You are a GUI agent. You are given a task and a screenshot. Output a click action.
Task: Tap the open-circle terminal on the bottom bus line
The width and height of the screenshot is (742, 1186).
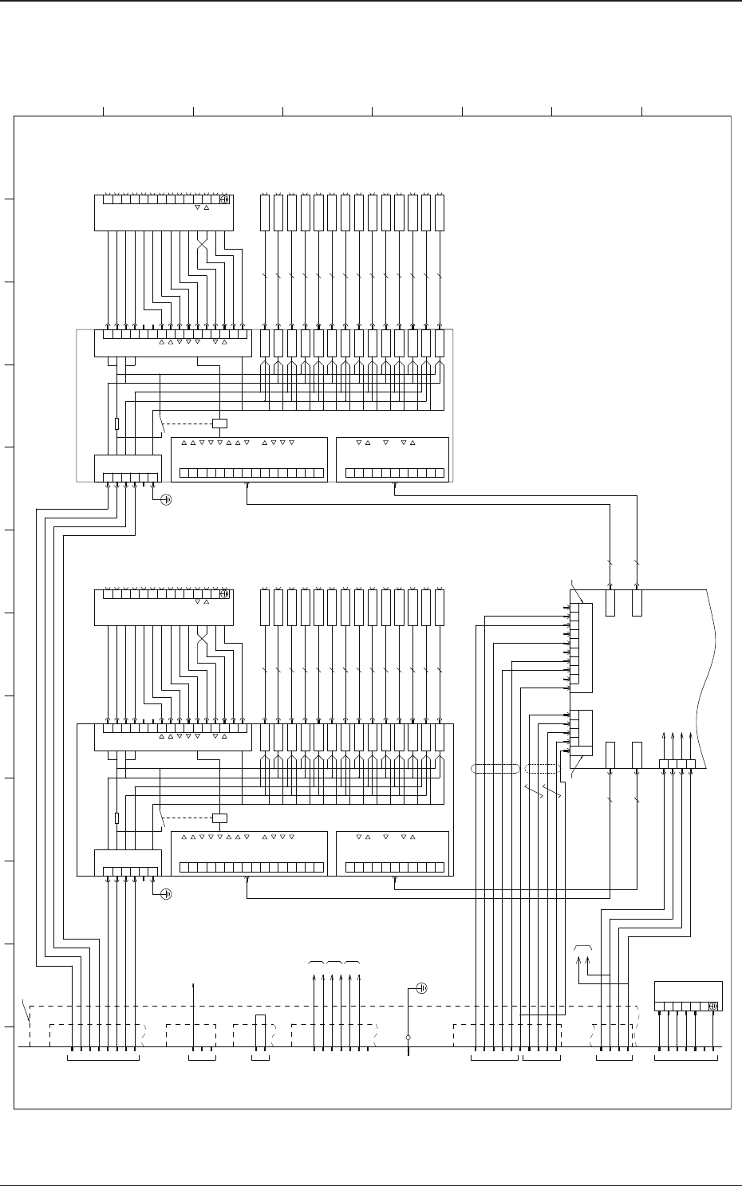(x=408, y=1038)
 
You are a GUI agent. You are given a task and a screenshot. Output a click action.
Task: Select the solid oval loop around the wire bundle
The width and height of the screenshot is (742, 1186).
(x=495, y=769)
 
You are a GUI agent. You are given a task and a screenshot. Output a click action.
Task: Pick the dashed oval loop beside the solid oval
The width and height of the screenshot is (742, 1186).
(x=543, y=769)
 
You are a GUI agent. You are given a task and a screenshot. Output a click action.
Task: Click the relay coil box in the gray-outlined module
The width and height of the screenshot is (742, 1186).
(x=219, y=424)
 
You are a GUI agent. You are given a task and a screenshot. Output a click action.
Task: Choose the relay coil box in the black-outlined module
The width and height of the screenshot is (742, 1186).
(x=219, y=818)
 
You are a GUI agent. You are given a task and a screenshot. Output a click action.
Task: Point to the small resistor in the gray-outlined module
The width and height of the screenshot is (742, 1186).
(x=116, y=424)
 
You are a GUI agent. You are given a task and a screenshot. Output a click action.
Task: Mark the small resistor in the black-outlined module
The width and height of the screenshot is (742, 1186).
(x=116, y=818)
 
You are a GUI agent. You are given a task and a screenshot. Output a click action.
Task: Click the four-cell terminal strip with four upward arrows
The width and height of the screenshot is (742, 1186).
(x=677, y=764)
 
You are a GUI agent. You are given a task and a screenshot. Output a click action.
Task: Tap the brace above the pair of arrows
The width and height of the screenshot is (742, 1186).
(x=582, y=947)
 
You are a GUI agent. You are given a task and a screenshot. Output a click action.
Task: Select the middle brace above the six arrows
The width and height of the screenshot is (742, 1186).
(x=335, y=963)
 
